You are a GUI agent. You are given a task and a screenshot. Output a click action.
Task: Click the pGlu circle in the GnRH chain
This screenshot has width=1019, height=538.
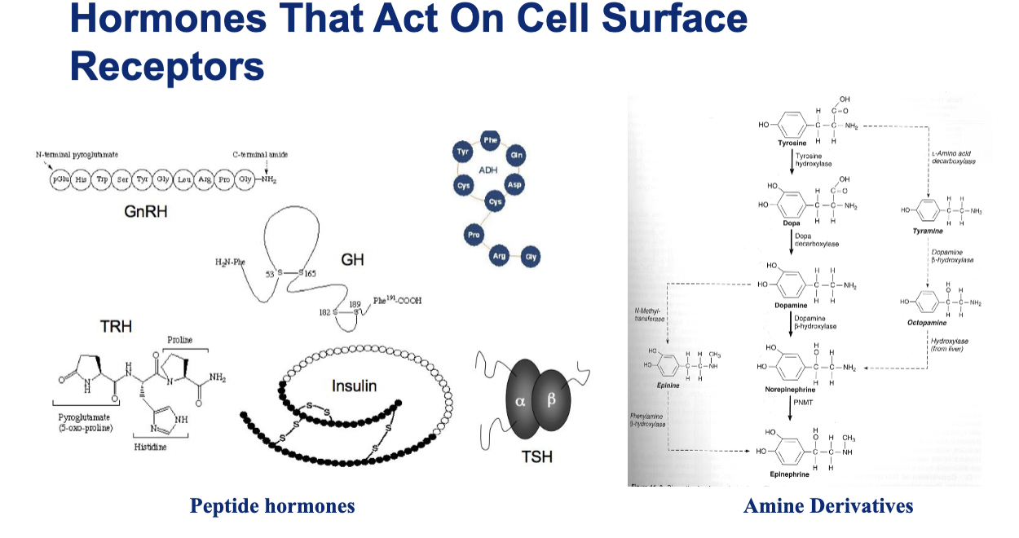(x=61, y=179)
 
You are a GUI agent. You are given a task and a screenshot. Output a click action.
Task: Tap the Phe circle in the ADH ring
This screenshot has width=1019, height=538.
(x=490, y=139)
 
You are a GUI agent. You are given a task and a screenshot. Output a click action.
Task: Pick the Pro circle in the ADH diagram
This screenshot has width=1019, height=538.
(x=473, y=235)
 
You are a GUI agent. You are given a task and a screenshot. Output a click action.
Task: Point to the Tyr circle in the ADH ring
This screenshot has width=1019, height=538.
(x=464, y=153)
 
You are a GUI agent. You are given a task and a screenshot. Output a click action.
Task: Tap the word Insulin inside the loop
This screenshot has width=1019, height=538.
(x=354, y=385)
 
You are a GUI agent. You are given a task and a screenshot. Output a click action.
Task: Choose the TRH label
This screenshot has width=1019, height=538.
(x=116, y=327)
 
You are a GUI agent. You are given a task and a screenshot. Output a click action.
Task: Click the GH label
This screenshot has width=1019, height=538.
(x=352, y=260)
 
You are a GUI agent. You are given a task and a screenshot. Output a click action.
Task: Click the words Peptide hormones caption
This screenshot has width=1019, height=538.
(x=272, y=506)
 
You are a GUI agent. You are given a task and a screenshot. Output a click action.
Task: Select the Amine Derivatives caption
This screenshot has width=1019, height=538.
(x=828, y=506)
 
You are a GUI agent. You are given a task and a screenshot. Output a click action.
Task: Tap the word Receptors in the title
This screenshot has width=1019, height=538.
(x=167, y=66)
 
